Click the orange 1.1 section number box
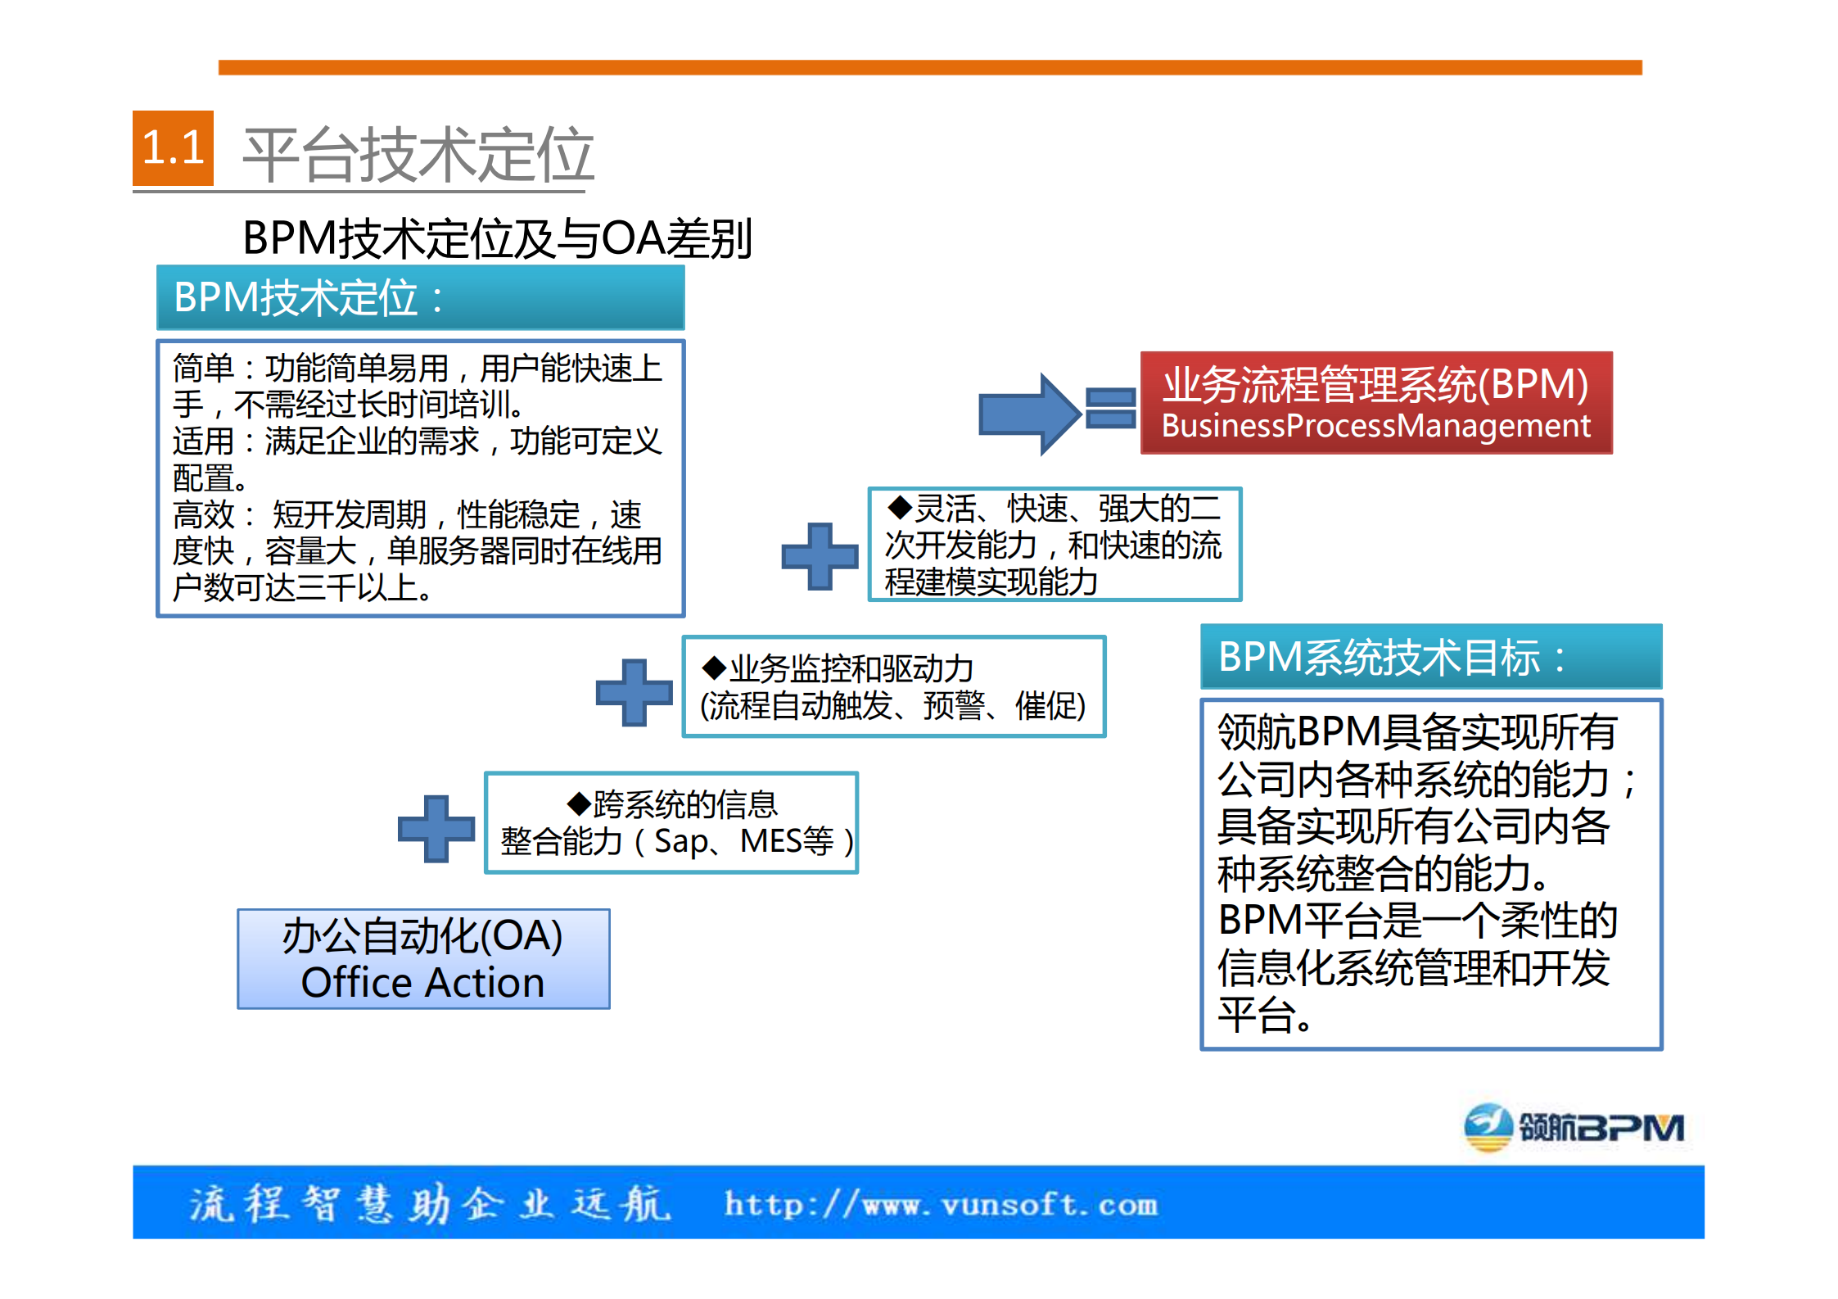pyautogui.click(x=173, y=148)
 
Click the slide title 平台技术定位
pyautogui.click(x=418, y=155)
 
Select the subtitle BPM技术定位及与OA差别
pyautogui.click(x=497, y=238)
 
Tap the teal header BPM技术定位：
pyautogui.click(x=420, y=297)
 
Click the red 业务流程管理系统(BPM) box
pyautogui.click(x=1375, y=402)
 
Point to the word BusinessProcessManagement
pyautogui.click(x=1375, y=426)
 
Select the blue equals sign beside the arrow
pyautogui.click(x=1110, y=408)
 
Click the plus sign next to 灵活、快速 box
pyautogui.click(x=820, y=556)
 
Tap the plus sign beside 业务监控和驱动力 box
pyautogui.click(x=634, y=692)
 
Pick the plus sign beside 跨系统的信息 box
pyautogui.click(x=436, y=828)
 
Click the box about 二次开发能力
pyautogui.click(x=1054, y=545)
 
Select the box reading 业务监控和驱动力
pyautogui.click(x=893, y=686)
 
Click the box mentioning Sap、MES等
pyautogui.click(x=671, y=822)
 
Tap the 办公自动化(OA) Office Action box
pyautogui.click(x=423, y=958)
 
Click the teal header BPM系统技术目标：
pyautogui.click(x=1430, y=657)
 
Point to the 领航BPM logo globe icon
pyautogui.click(x=1488, y=1127)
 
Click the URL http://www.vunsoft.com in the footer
pyautogui.click(x=941, y=1205)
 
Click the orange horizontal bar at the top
pyautogui.click(x=929, y=67)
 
